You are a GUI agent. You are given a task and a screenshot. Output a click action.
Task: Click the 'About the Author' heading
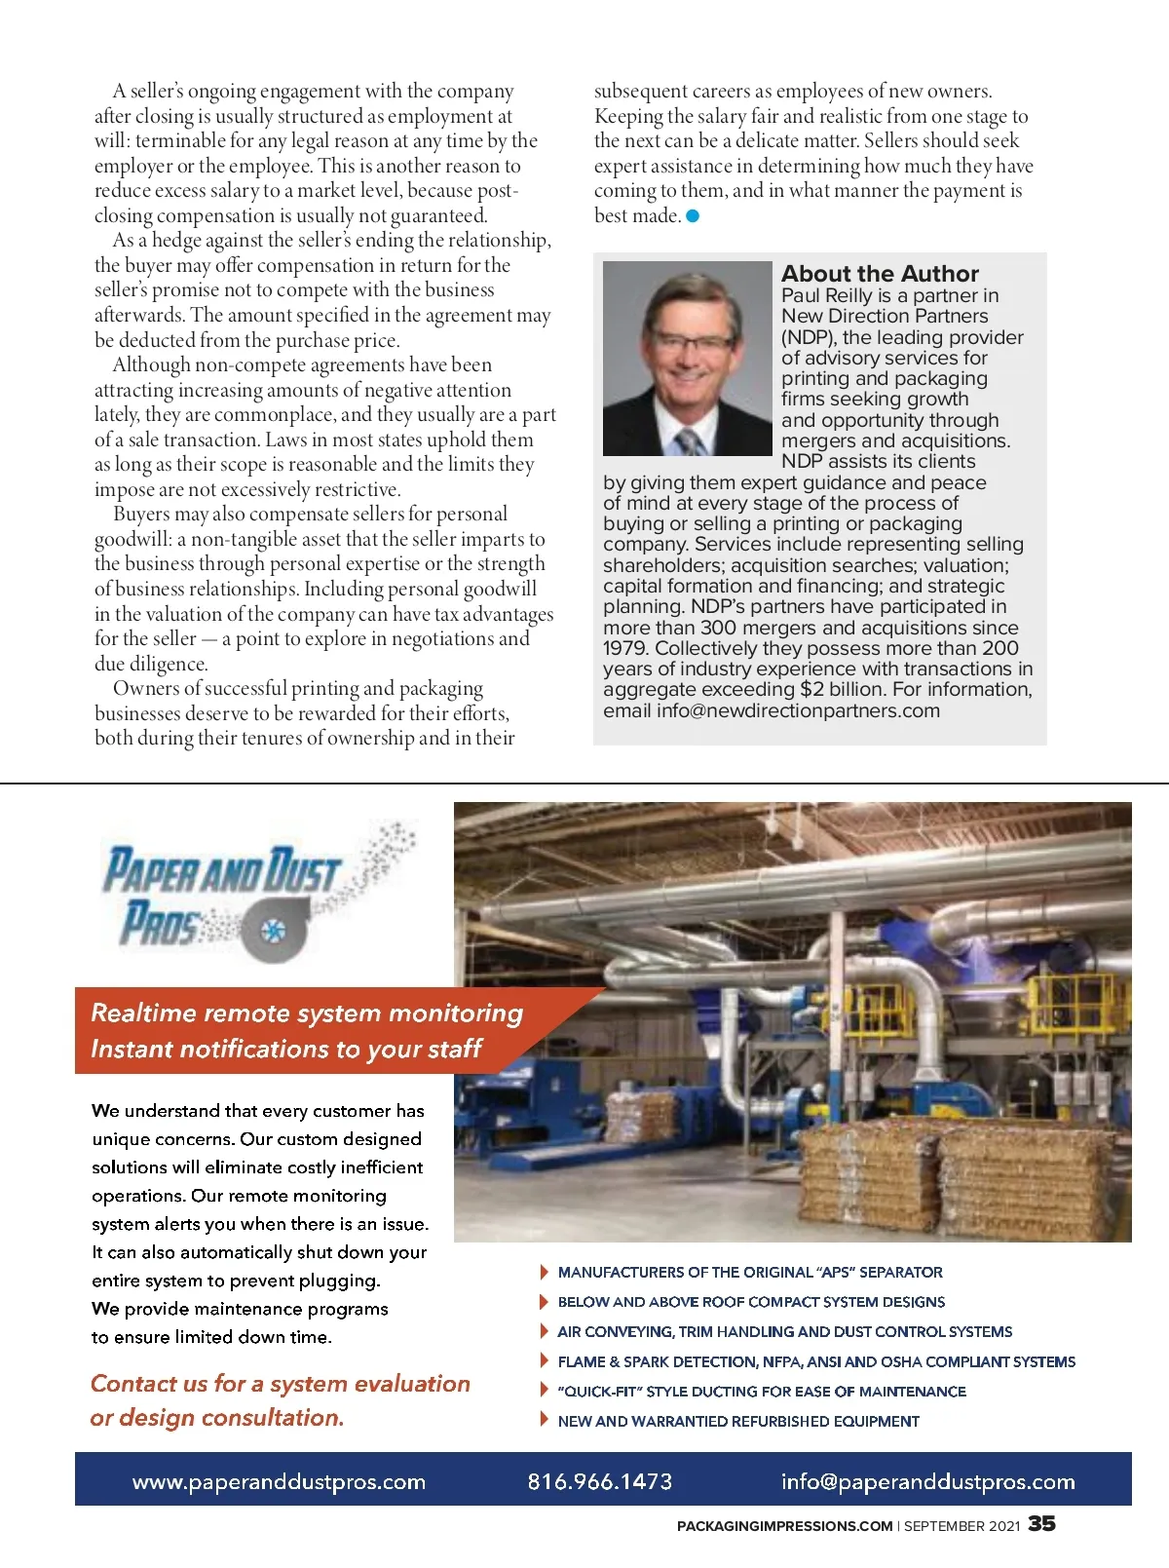click(x=879, y=274)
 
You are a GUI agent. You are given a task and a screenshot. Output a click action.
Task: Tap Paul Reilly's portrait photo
click(x=687, y=358)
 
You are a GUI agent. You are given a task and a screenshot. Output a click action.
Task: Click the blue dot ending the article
click(x=693, y=216)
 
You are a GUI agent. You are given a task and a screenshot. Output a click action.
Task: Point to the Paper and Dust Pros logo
click(x=258, y=897)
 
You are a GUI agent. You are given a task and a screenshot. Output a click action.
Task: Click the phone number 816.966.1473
click(x=599, y=1481)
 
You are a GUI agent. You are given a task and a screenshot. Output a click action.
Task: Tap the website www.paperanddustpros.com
click(x=279, y=1481)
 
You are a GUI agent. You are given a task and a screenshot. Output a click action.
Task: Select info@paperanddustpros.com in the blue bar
click(x=927, y=1481)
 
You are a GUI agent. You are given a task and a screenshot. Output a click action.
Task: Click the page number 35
click(x=1041, y=1523)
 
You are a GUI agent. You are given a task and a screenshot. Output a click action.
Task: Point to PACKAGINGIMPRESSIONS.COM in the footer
click(x=784, y=1526)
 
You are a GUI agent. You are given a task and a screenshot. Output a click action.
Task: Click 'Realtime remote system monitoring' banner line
click(x=307, y=1013)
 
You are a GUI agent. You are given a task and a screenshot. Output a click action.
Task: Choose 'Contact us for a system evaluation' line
click(x=280, y=1384)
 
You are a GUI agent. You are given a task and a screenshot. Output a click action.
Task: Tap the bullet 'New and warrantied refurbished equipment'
click(x=737, y=1421)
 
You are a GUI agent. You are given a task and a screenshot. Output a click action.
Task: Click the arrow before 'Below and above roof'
click(x=544, y=1302)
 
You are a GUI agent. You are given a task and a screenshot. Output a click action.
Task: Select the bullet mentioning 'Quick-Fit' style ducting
click(x=761, y=1392)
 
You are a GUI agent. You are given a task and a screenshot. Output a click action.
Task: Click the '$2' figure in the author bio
click(x=811, y=690)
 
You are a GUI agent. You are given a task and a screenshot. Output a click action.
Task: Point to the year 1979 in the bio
click(x=625, y=649)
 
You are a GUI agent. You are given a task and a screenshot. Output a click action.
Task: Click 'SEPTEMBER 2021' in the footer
click(x=962, y=1526)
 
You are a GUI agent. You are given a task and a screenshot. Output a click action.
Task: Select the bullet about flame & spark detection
click(x=815, y=1361)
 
